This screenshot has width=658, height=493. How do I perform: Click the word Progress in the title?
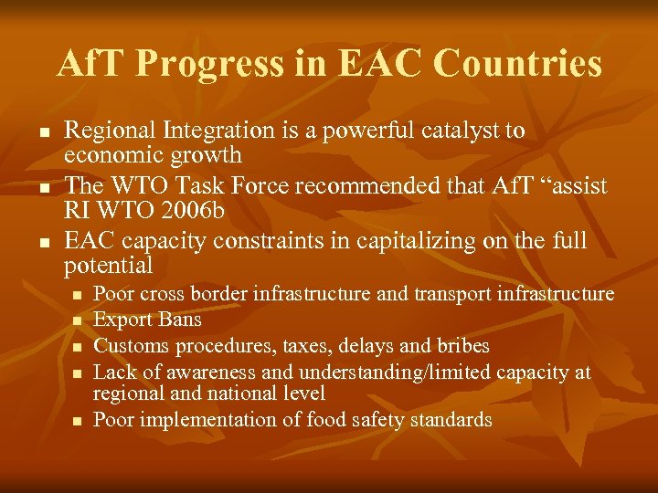208,64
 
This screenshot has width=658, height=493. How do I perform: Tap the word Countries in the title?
517,64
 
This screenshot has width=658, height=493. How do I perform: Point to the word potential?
108,266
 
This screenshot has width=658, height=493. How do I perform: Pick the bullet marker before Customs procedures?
77,347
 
